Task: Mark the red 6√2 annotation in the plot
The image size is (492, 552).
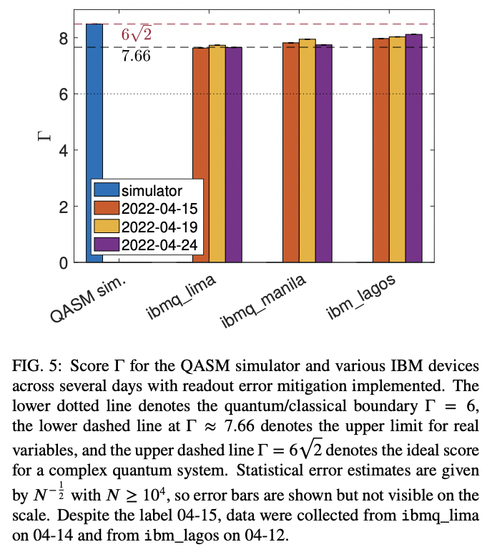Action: click(136, 35)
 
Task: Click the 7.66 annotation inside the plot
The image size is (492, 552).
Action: click(136, 56)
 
